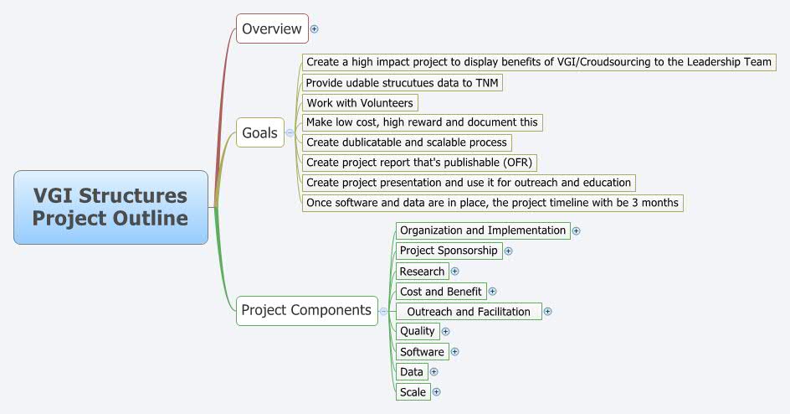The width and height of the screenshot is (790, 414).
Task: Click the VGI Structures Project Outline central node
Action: point(110,207)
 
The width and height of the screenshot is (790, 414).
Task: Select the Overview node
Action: point(272,28)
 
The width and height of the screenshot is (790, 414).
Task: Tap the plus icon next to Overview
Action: point(315,28)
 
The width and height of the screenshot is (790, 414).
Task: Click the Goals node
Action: point(259,132)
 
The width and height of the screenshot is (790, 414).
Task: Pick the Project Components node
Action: point(306,310)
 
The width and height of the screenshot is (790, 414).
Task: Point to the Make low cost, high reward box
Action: point(422,122)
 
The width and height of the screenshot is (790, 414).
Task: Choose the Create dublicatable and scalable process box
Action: point(407,142)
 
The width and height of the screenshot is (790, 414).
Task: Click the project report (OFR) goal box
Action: point(419,163)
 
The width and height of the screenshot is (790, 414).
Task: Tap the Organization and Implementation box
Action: point(483,230)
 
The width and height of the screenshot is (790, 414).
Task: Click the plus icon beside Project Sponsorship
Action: point(508,251)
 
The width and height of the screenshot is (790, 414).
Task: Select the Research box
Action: point(422,272)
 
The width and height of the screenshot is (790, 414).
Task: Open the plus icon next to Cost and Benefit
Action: point(492,292)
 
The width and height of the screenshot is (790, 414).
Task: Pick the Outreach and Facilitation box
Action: point(469,312)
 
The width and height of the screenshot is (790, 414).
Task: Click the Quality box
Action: point(417,331)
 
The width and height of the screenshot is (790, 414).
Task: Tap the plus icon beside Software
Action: point(454,352)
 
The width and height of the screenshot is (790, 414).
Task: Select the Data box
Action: point(411,372)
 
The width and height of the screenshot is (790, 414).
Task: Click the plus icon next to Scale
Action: point(436,391)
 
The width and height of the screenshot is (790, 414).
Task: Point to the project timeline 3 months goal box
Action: point(492,203)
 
